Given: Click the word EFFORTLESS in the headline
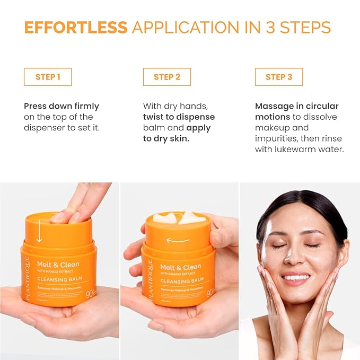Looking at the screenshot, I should [76, 28].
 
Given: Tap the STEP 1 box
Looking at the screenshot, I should [48, 77].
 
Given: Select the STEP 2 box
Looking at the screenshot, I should [167, 77].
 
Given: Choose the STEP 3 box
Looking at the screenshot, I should [279, 77].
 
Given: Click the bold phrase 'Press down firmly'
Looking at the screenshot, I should [62, 106].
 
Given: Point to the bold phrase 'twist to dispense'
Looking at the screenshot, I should [179, 117].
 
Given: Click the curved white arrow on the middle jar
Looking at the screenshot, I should [178, 240].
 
